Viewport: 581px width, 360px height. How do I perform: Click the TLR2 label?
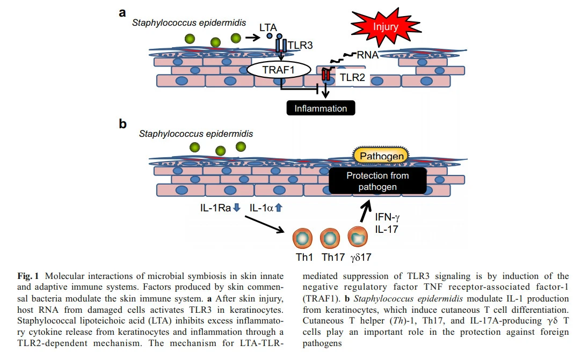point(352,79)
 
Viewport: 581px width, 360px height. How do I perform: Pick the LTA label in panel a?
point(268,26)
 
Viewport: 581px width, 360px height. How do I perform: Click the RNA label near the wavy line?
point(368,54)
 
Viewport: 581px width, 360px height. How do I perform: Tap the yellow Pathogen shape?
point(381,156)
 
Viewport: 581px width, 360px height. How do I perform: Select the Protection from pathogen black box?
point(378,181)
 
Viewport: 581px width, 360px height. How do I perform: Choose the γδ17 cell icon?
point(358,237)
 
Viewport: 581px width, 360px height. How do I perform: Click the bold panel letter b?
point(123,124)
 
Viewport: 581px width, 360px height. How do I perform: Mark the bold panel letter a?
point(122,11)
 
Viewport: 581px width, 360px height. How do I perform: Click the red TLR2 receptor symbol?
point(325,75)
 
